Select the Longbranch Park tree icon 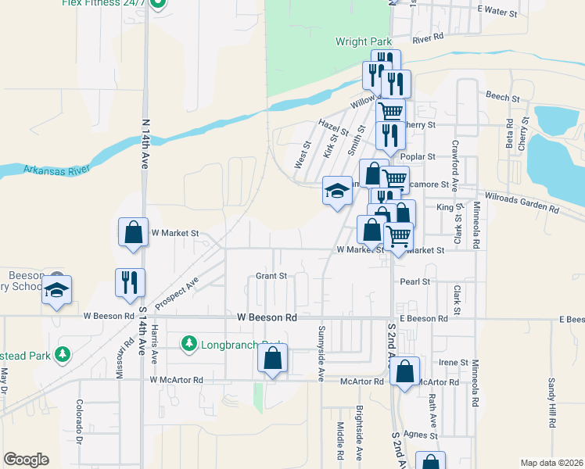pyautogui.click(x=188, y=343)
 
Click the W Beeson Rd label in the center pyautogui.click(x=267, y=318)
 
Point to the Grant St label pyautogui.click(x=271, y=276)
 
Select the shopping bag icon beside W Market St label pyautogui.click(x=133, y=231)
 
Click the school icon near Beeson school pyautogui.click(x=57, y=289)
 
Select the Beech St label pyautogui.click(x=502, y=98)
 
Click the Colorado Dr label pyautogui.click(x=80, y=420)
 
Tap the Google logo pyautogui.click(x=26, y=460)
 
